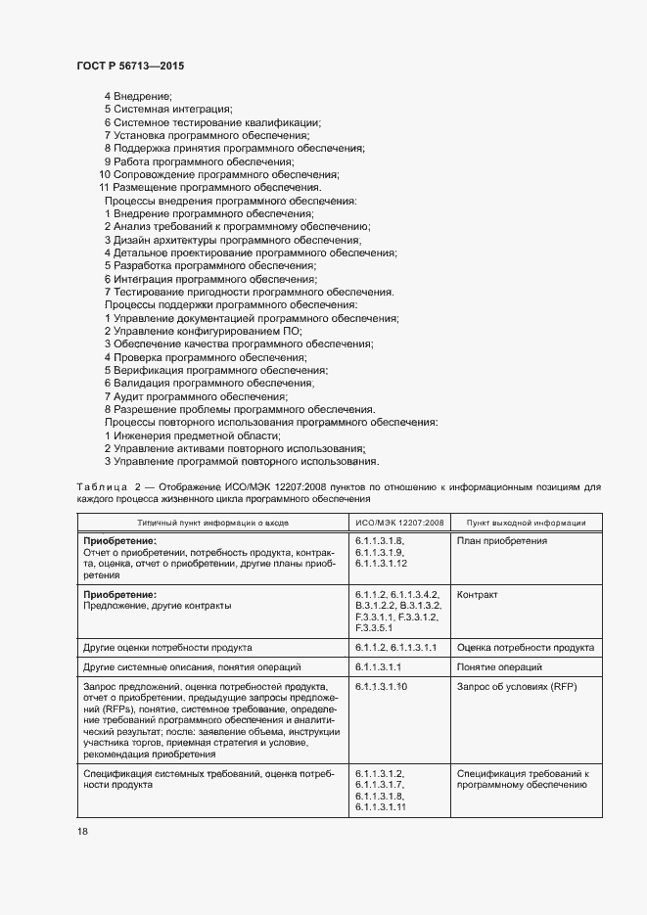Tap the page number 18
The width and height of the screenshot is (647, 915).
pos(82,831)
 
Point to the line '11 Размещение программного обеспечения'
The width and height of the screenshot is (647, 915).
pos(209,187)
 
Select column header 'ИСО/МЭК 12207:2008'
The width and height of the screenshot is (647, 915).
pos(399,524)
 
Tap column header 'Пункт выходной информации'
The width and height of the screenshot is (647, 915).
pos(526,524)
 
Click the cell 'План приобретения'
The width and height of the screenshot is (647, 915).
pos(502,541)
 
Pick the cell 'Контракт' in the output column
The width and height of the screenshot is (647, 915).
pos(478,594)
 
